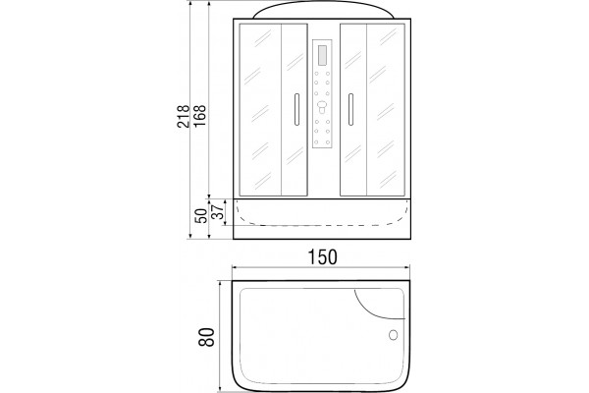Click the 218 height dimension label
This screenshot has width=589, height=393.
(x=183, y=116)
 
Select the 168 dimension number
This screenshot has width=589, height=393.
(x=199, y=116)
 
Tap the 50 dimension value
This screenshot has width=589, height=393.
(x=202, y=216)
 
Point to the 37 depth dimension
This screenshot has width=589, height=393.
(x=218, y=212)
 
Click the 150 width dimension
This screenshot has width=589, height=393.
(x=323, y=257)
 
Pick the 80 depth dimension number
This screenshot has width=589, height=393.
(x=206, y=337)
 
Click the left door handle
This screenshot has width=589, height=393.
(x=296, y=109)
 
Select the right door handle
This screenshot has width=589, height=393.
(x=350, y=109)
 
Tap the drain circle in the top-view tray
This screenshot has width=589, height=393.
(x=394, y=335)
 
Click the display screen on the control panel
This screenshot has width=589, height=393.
(x=323, y=55)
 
